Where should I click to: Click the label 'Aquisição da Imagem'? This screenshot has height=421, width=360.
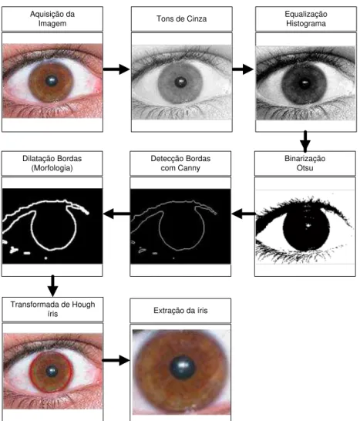coord(52,19)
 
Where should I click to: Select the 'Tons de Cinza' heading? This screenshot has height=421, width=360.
coord(181,19)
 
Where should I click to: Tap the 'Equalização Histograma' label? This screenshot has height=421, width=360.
coord(306,19)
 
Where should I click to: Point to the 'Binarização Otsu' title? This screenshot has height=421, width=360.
coord(305,163)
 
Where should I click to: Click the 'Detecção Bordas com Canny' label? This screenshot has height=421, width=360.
coord(180,163)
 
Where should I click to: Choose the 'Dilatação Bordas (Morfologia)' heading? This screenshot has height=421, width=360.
coord(52,163)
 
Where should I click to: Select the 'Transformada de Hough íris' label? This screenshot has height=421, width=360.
coord(52,309)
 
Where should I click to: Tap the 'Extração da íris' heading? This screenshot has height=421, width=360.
coord(180,311)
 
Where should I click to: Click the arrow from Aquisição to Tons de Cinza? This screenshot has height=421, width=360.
coord(116,69)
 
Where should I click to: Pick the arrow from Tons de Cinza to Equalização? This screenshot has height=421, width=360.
coord(243,69)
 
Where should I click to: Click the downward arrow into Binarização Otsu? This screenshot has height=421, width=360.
coord(305,141)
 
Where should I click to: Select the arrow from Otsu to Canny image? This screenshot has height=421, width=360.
coord(244,214)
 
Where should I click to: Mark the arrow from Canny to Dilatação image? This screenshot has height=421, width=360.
coord(116,214)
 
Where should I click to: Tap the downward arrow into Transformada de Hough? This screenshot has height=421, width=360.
coord(52,285)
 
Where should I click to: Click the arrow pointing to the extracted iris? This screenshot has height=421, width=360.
coord(116,360)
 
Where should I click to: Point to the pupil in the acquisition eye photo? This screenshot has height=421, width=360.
coord(52,80)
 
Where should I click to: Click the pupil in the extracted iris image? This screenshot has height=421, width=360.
coord(182,368)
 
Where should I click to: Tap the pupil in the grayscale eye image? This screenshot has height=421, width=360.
coord(180,82)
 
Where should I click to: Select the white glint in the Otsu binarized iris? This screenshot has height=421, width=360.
coord(308,225)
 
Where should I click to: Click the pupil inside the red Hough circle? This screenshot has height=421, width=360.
coord(52,372)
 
